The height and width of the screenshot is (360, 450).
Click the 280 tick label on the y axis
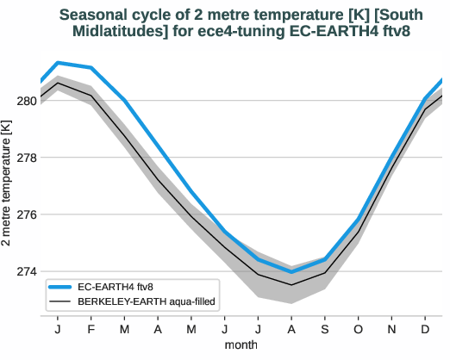tap(26, 101)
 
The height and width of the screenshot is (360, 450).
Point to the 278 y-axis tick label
tap(26, 158)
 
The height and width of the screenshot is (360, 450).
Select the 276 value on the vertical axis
tap(26, 214)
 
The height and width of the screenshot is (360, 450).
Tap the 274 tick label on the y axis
tap(26, 271)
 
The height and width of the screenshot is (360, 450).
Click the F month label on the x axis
tap(91, 329)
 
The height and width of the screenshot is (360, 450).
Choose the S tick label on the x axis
tap(324, 329)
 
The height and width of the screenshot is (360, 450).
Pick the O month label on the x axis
tap(358, 329)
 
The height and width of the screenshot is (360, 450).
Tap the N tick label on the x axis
tap(391, 329)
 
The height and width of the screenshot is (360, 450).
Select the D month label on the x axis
tap(425, 329)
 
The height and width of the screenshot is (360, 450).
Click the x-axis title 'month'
tap(241, 344)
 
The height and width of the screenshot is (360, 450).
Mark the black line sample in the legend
tap(63, 301)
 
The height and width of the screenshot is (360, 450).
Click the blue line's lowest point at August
tap(291, 272)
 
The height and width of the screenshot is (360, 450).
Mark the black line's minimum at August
tap(291, 284)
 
